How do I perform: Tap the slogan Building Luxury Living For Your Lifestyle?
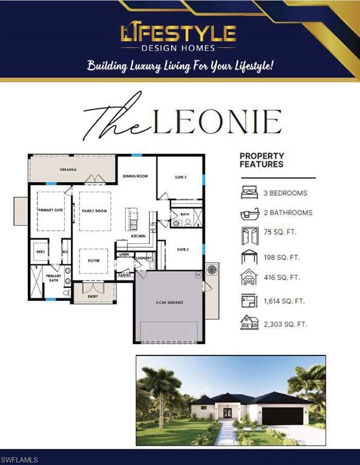[x=180, y=65]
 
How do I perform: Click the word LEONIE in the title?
[x=218, y=122]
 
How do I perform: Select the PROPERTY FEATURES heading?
[x=262, y=160]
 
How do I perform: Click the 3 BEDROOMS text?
[x=285, y=193]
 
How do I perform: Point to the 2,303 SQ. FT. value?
[x=285, y=324]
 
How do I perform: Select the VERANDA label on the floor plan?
[x=67, y=170]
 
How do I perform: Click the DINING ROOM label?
[x=135, y=176]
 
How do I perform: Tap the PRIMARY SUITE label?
[x=50, y=209]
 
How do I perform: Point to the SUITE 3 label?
[x=181, y=177]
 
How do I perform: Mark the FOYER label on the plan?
[x=94, y=262]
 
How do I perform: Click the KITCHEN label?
[x=138, y=236]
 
